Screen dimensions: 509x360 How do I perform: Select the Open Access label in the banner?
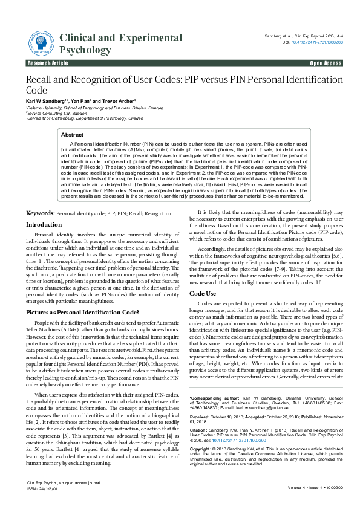326,63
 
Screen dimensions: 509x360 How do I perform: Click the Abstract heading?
73,135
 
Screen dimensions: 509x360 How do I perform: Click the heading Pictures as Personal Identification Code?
82,312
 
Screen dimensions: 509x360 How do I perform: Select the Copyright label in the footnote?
203,450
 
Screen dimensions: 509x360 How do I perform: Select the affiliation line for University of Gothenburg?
85,119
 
